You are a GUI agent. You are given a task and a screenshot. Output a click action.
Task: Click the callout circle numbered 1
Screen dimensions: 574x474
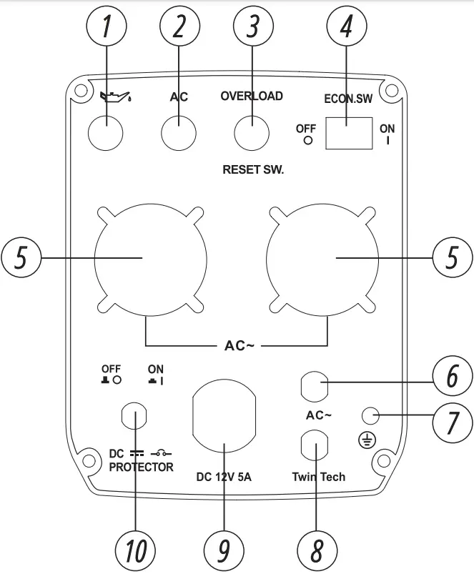point(107,28)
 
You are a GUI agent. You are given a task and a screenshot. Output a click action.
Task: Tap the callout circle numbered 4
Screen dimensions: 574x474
point(347,28)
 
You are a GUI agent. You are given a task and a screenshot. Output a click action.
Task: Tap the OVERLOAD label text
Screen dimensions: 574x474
point(251,96)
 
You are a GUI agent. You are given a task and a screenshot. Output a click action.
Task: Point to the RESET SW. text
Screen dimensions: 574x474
point(253,170)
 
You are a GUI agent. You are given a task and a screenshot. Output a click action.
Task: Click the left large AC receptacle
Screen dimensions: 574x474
point(151,258)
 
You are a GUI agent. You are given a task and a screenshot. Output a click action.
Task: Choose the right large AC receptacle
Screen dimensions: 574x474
point(322,258)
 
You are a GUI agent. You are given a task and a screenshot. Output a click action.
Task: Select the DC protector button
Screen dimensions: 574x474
point(134,416)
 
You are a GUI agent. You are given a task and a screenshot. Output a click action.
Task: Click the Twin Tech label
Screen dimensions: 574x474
point(318,476)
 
